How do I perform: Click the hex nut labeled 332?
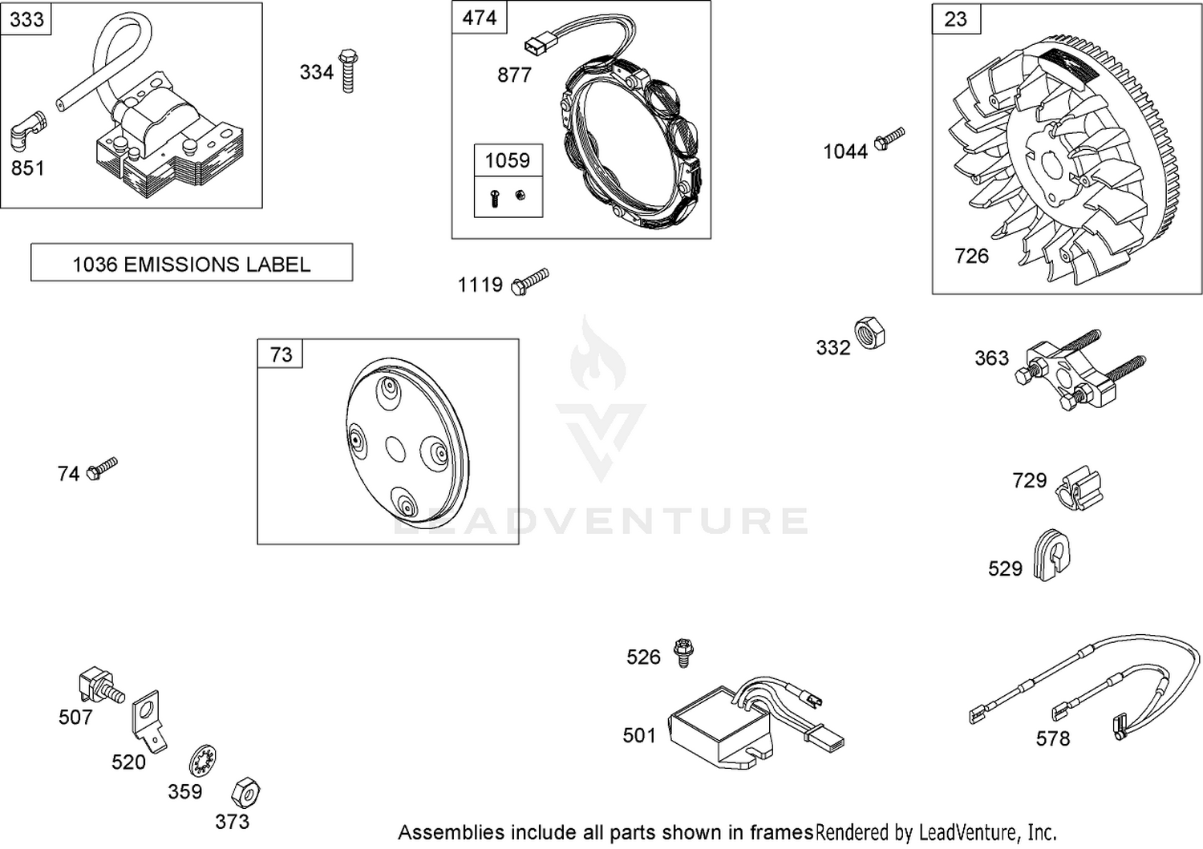(869, 334)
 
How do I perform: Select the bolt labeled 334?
(348, 71)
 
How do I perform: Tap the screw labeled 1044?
(889, 139)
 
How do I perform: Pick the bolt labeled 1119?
(530, 282)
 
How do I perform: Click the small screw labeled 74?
(102, 468)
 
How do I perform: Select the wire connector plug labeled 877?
(536, 47)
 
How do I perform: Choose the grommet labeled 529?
(1051, 556)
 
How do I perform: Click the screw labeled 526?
(683, 653)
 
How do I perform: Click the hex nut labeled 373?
(245, 792)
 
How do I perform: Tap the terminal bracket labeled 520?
(148, 722)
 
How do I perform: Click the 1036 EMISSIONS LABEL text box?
(192, 262)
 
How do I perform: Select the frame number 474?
(479, 18)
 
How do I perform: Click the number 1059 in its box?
(508, 160)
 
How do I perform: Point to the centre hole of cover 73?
(396, 449)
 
